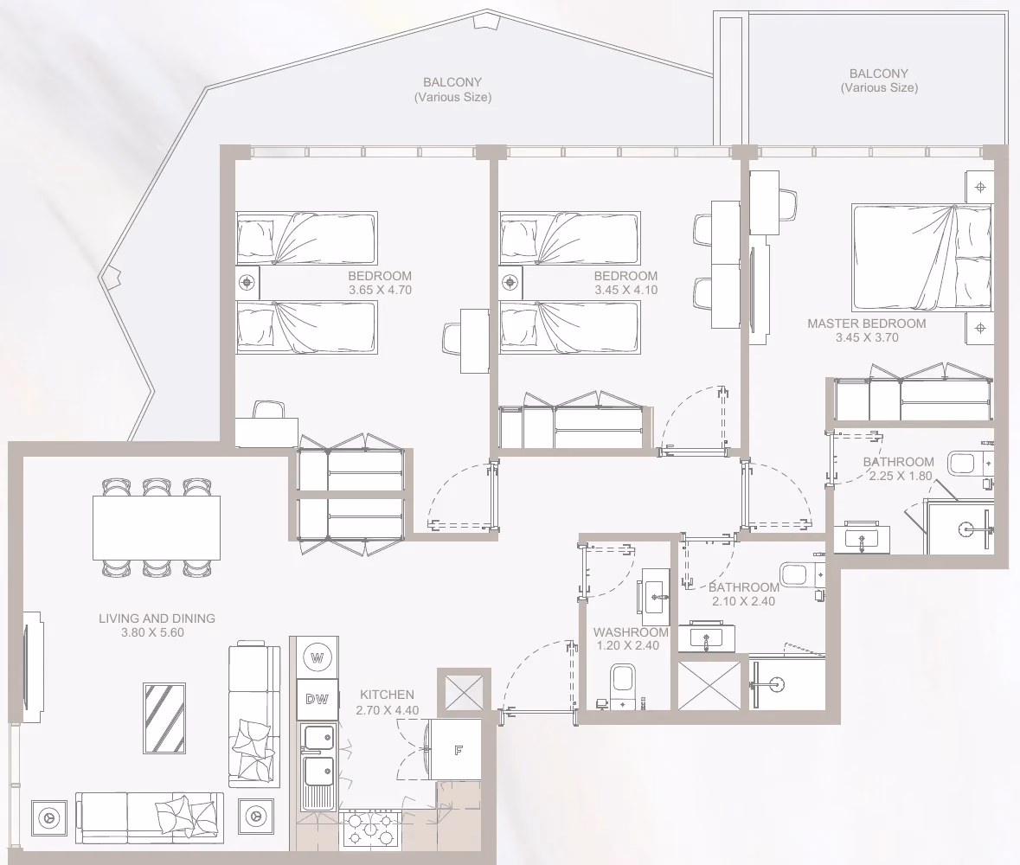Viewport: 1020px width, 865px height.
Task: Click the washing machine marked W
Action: point(318,657)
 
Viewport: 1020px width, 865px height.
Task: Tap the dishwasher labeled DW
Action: point(318,700)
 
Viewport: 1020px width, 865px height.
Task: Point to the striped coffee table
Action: point(164,719)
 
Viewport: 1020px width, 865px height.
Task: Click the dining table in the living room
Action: point(156,528)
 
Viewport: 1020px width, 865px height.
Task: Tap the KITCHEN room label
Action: point(387,695)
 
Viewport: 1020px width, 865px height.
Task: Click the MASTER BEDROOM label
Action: point(867,324)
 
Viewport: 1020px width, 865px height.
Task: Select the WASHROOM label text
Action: point(631,631)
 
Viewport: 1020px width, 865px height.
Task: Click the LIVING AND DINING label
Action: point(157,618)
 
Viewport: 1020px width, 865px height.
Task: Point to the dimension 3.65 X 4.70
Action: point(380,290)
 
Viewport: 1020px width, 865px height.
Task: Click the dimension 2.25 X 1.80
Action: point(901,476)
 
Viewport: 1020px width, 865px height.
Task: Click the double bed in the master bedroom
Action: point(921,258)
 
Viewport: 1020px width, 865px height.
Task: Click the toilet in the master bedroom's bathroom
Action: point(967,464)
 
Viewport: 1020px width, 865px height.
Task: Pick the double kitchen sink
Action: point(318,766)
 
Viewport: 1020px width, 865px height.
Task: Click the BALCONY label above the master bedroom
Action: point(879,74)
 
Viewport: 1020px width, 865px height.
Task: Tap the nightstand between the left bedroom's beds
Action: point(247,283)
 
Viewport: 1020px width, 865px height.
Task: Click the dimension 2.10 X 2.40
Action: point(743,601)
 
